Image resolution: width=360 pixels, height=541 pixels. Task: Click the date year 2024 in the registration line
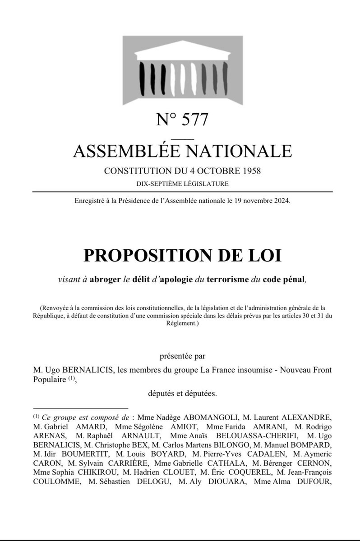tap(282, 202)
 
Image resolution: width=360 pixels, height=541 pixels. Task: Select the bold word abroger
tap(106, 279)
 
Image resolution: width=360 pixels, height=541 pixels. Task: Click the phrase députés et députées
tap(183, 394)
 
